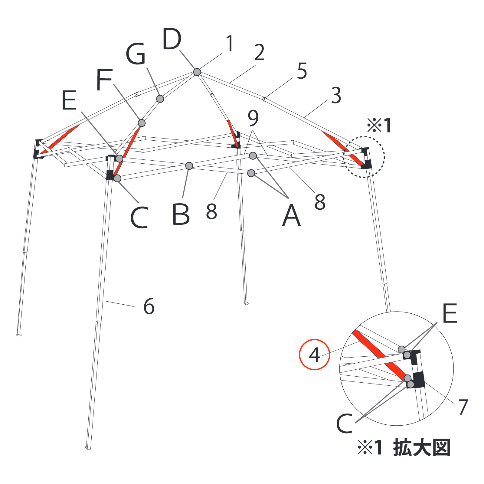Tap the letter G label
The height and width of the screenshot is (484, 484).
coord(136,54)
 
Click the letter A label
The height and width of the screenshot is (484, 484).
coord(291,215)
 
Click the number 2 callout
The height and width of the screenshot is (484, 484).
coord(259,52)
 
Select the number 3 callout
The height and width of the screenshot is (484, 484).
coord(336,95)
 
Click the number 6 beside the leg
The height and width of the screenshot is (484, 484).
coord(149,306)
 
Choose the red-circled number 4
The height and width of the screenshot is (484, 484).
coord(314,355)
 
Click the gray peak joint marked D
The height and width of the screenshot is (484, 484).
coord(197,72)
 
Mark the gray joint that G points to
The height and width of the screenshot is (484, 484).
coord(160,99)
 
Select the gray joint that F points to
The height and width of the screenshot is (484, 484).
coord(142,123)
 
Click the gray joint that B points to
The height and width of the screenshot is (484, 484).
coord(189,166)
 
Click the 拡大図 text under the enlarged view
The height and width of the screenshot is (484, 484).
coord(422,448)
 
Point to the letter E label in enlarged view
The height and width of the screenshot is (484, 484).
coord(450,313)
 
